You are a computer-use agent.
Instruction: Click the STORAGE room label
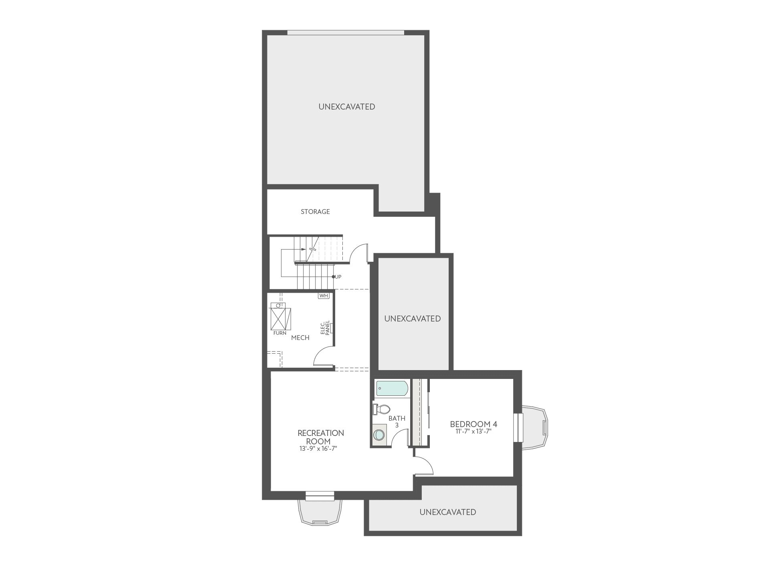(315, 212)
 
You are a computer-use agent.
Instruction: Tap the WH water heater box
(324, 296)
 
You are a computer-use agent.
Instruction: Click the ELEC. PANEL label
(325, 328)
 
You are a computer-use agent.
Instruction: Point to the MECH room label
(300, 338)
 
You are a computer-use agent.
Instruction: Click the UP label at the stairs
(338, 277)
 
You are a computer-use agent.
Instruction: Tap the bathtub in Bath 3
(392, 388)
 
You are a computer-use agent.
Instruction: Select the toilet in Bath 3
(381, 409)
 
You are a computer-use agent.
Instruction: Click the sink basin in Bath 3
(378, 435)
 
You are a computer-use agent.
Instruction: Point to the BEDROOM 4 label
(474, 424)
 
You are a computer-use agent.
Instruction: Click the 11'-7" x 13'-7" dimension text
(473, 432)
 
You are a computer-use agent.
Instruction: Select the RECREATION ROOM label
(321, 437)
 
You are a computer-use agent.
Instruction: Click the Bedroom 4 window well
(534, 428)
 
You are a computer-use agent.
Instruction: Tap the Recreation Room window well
(320, 512)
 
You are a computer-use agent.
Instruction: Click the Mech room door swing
(323, 356)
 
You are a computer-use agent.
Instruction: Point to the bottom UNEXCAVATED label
(448, 512)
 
